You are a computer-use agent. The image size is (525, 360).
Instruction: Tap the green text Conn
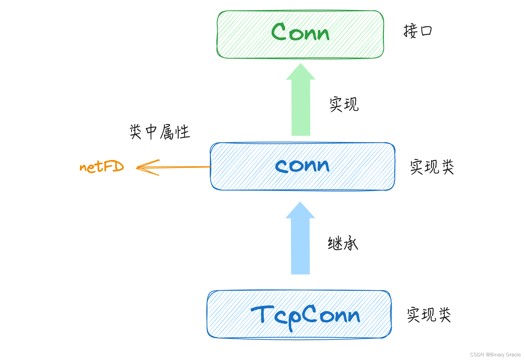point(300,32)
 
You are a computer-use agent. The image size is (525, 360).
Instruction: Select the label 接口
point(418,31)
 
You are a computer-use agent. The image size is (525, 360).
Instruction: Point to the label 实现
point(344,105)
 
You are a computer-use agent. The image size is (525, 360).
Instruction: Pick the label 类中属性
point(160,132)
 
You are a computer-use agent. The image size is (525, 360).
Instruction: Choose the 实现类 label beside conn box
point(432,167)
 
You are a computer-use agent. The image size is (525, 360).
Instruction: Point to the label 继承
point(343,243)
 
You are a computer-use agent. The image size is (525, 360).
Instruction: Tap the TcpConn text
point(305,316)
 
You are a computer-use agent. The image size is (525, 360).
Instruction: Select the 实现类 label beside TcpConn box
point(429,315)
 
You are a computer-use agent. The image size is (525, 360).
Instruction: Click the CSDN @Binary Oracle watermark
point(495,354)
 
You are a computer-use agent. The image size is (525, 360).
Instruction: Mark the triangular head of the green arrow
point(301,73)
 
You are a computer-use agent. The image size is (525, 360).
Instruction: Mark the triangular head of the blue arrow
point(300,211)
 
